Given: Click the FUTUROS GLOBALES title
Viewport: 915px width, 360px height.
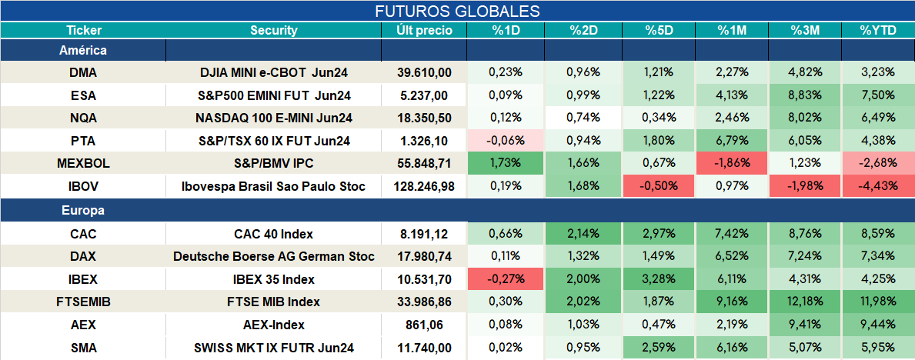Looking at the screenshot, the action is coord(457,11).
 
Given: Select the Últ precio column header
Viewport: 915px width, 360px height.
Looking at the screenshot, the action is coord(424,31).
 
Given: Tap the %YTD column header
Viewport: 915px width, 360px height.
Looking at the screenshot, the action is coord(877,31).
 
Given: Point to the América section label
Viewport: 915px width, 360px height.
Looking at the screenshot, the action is coord(83,51).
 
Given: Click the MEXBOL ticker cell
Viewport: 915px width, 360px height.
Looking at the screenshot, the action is coord(83,164).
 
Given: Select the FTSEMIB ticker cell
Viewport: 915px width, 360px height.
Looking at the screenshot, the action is coord(83,302).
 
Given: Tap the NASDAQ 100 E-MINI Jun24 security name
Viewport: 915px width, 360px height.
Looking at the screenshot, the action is coord(274,118).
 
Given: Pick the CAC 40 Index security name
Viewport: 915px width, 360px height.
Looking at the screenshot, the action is coord(274,234).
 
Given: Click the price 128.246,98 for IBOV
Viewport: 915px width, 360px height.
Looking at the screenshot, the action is coord(424,187).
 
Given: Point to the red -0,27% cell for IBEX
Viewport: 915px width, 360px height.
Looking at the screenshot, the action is coord(506,279).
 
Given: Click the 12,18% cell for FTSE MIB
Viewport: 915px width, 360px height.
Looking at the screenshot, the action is coord(805,302).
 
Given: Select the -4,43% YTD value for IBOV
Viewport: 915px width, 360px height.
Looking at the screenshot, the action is coord(877,187).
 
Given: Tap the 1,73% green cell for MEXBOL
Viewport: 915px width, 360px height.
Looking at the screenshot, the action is coord(506,164).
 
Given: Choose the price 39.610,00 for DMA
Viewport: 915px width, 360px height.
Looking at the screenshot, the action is coord(424,72).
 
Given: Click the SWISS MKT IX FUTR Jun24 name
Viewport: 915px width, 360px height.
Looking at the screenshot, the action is coord(274,348).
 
